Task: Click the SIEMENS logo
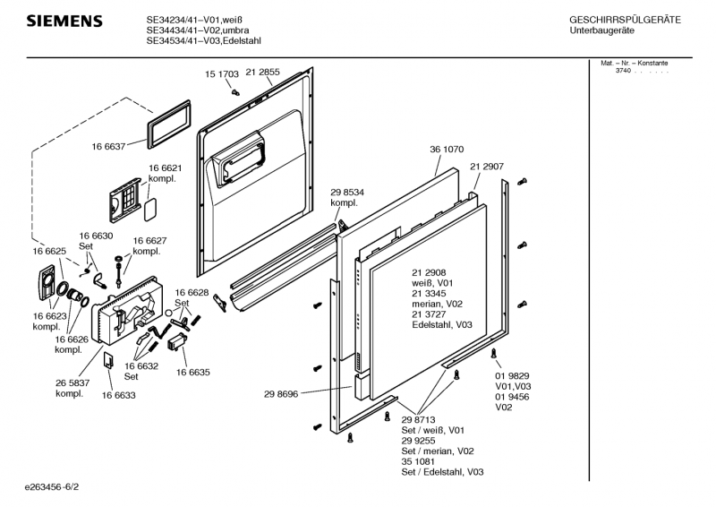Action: point(64,21)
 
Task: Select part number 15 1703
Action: point(221,74)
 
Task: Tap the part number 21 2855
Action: point(262,72)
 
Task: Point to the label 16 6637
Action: point(108,146)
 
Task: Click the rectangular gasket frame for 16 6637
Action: point(168,125)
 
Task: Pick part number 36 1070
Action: point(447,149)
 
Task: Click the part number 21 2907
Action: point(487,167)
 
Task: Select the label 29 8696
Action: point(281,394)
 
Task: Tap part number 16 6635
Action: point(193,372)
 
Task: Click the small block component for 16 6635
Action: point(178,342)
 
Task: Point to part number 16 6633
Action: point(119,395)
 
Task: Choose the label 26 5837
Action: point(72,383)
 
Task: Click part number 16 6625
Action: point(49,251)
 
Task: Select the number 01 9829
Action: point(512,376)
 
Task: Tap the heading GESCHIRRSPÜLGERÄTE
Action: point(625,20)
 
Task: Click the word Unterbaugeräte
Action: point(601,30)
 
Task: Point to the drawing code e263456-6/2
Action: point(52,487)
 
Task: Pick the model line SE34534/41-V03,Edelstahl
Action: point(204,40)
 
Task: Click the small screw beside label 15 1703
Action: point(235,92)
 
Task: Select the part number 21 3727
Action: point(429,314)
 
